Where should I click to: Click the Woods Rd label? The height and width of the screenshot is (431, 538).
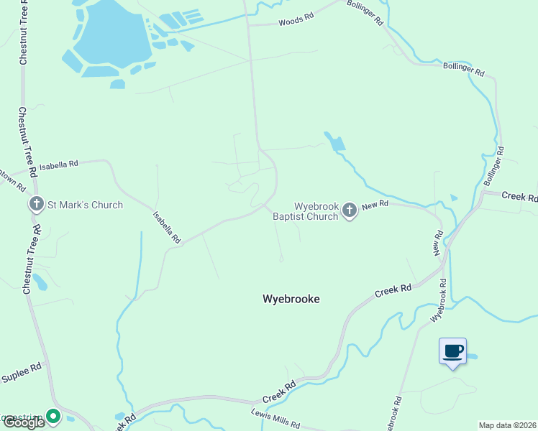click(297, 22)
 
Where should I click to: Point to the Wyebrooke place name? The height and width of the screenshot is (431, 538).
click(291, 299)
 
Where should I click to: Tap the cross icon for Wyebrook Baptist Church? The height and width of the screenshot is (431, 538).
click(350, 210)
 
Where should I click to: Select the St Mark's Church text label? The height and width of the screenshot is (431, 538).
click(85, 205)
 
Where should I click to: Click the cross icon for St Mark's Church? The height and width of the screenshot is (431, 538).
click(37, 205)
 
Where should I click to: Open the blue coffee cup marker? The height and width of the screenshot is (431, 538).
click(452, 352)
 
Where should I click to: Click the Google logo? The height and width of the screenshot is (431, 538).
click(23, 422)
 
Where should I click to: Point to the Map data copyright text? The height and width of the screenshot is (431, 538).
click(508, 425)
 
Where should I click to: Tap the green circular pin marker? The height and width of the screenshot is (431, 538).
click(53, 415)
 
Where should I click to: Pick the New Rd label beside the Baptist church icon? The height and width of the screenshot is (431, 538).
click(375, 205)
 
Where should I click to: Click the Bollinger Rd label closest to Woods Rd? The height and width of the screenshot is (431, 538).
click(365, 14)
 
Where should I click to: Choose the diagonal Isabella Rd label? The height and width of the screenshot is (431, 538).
click(165, 226)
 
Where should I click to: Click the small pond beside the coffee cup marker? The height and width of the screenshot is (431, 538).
click(473, 356)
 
